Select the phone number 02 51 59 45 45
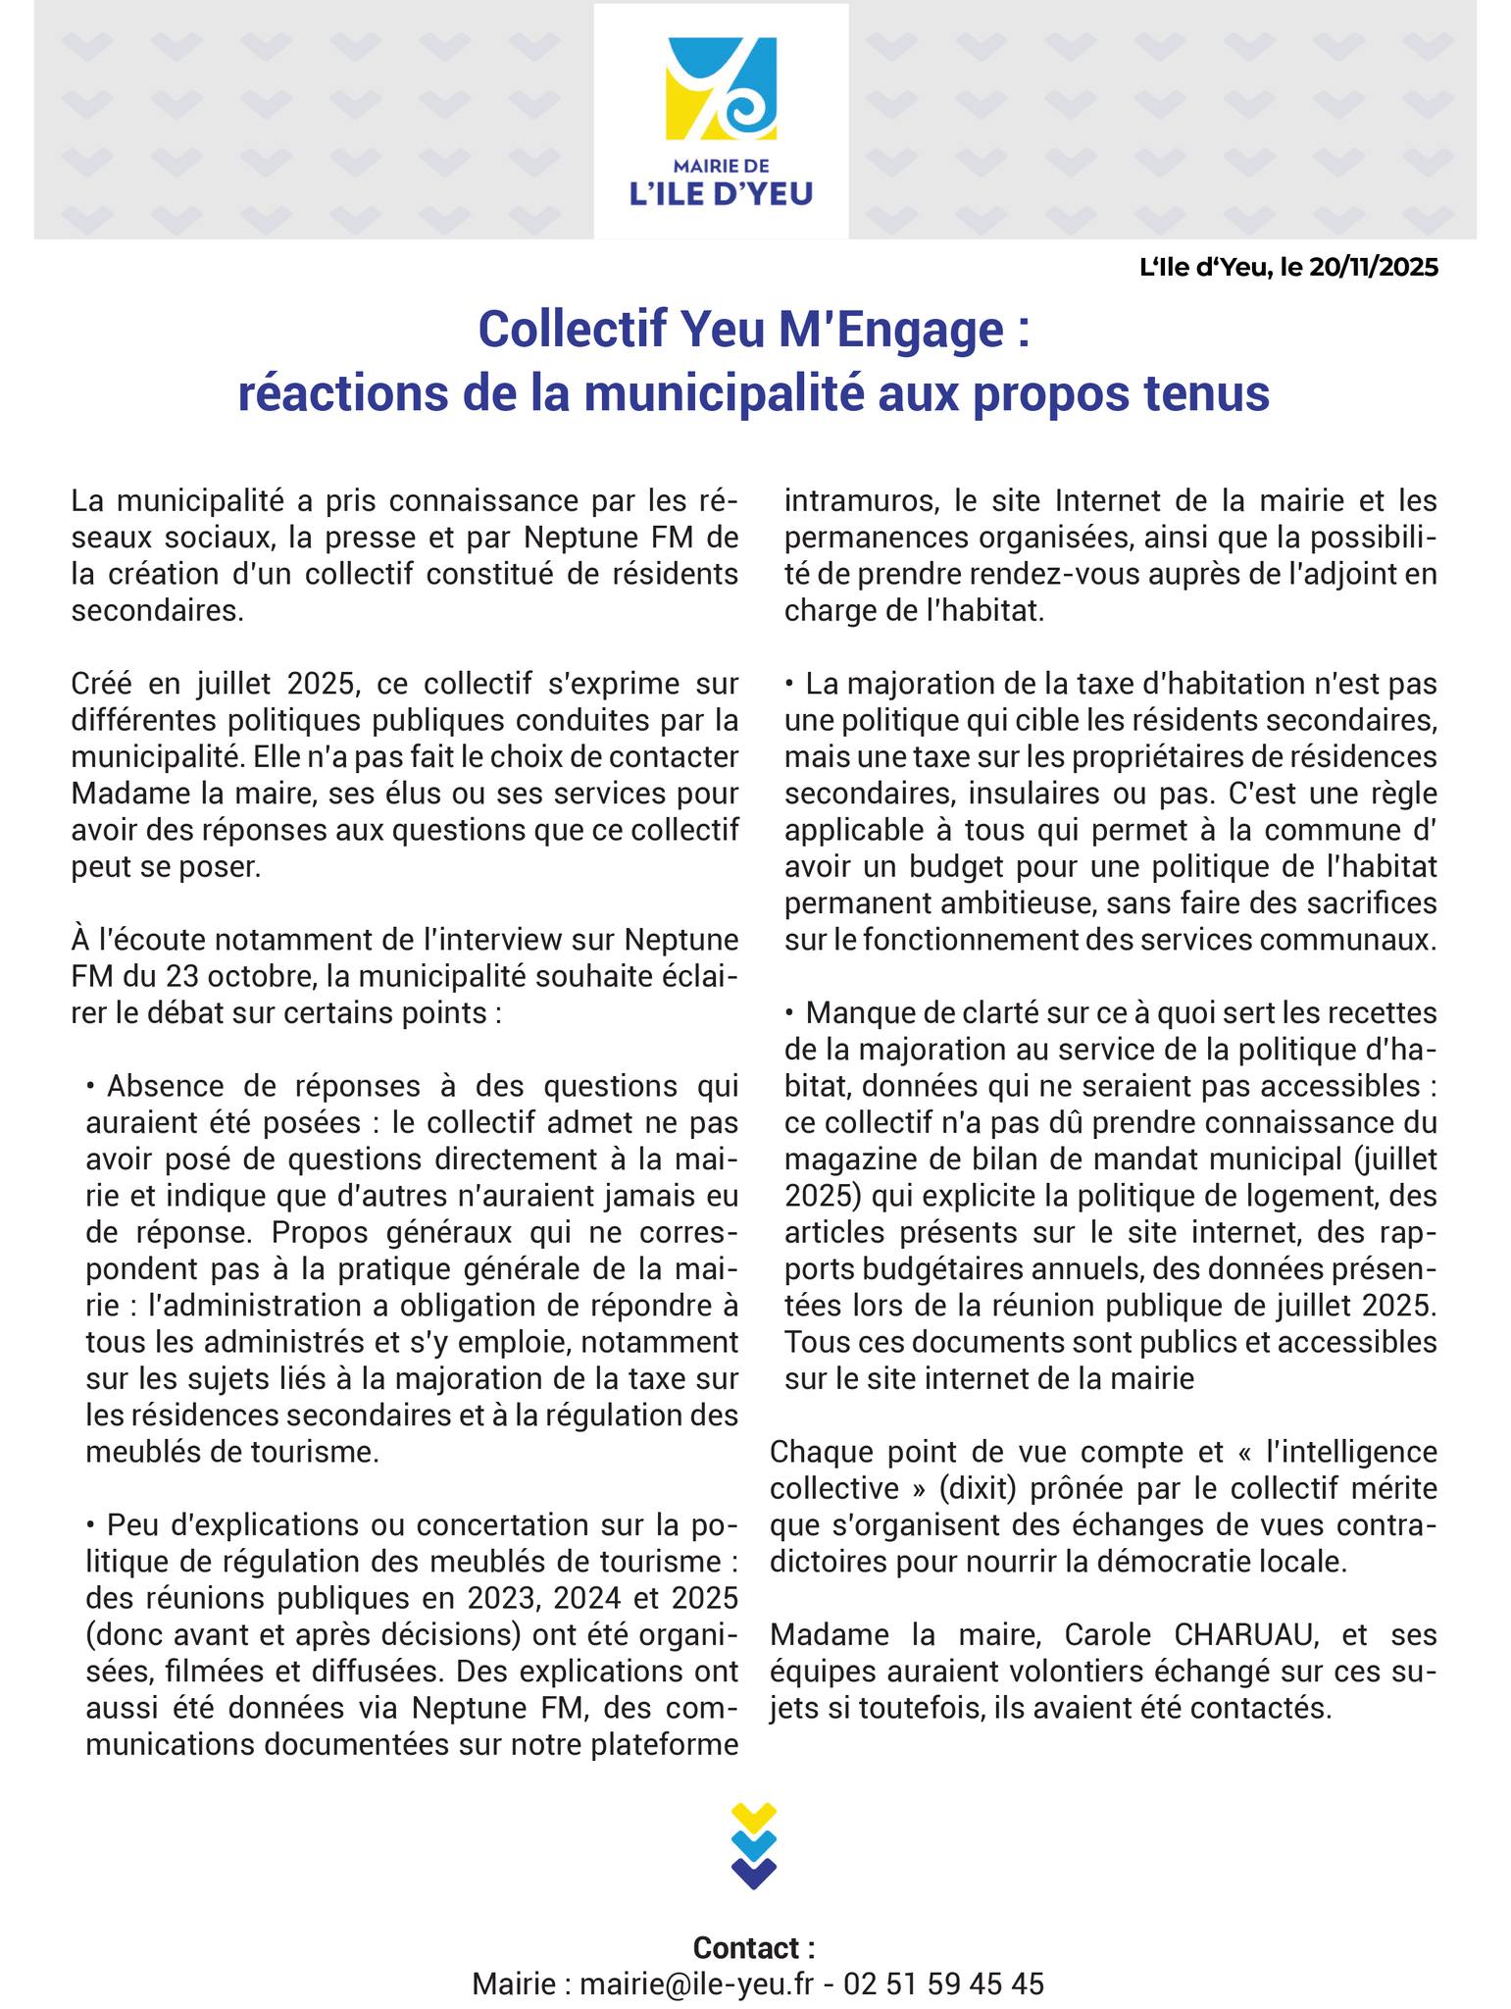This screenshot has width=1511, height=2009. pos(943,1983)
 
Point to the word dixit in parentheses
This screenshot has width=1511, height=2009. pos(982,1488)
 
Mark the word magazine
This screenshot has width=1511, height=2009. pos(847,1159)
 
